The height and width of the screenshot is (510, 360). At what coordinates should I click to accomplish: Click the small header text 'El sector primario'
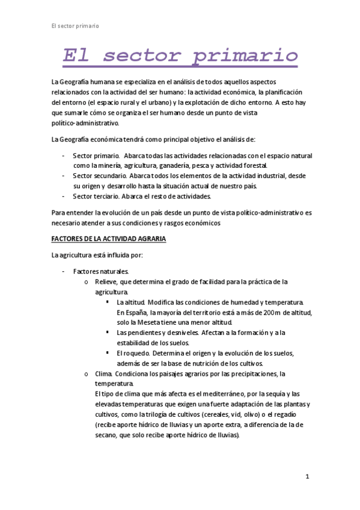[75, 26]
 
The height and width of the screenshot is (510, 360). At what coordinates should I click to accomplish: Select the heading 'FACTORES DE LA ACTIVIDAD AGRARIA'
[108, 239]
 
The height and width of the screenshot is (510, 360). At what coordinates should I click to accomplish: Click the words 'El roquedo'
[132, 352]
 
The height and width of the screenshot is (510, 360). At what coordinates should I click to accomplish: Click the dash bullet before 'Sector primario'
[64, 155]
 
